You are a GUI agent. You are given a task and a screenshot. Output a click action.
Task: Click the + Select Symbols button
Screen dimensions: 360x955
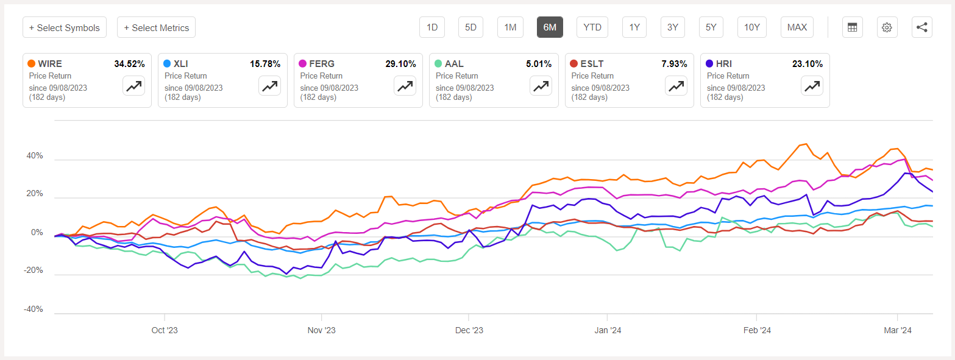pos(65,27)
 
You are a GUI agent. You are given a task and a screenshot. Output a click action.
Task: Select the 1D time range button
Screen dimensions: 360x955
pos(432,27)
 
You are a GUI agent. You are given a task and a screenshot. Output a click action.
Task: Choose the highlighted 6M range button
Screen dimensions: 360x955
pos(550,27)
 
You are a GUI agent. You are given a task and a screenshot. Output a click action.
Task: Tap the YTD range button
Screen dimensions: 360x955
pos(592,27)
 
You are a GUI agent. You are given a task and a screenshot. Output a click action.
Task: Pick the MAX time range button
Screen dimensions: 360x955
pos(797,27)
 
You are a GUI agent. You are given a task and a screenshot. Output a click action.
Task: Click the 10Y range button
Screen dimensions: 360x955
pos(752,27)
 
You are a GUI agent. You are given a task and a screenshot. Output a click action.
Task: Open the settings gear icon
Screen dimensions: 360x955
pos(887,27)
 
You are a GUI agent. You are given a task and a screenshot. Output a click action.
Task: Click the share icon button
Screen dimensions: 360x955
pos(921,27)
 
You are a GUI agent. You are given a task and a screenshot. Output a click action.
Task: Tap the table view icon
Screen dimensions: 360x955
pos(852,27)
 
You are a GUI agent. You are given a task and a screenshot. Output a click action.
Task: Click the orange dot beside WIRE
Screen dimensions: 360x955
pos(31,63)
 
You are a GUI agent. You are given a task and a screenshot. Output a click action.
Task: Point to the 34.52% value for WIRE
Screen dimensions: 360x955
pos(129,63)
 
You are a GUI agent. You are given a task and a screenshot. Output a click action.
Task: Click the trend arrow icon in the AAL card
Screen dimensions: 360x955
pos(540,86)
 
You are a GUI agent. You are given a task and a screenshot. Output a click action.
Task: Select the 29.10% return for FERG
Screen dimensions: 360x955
pos(400,63)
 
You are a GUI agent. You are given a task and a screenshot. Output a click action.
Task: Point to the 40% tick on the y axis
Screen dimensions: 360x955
pos(34,156)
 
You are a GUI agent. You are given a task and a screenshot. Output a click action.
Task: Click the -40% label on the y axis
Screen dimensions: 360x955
pos(33,309)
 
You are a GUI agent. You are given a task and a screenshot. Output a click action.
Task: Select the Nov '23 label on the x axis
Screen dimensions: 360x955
pos(321,330)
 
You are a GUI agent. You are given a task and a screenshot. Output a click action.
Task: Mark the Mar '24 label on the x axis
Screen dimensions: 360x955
pos(897,330)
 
